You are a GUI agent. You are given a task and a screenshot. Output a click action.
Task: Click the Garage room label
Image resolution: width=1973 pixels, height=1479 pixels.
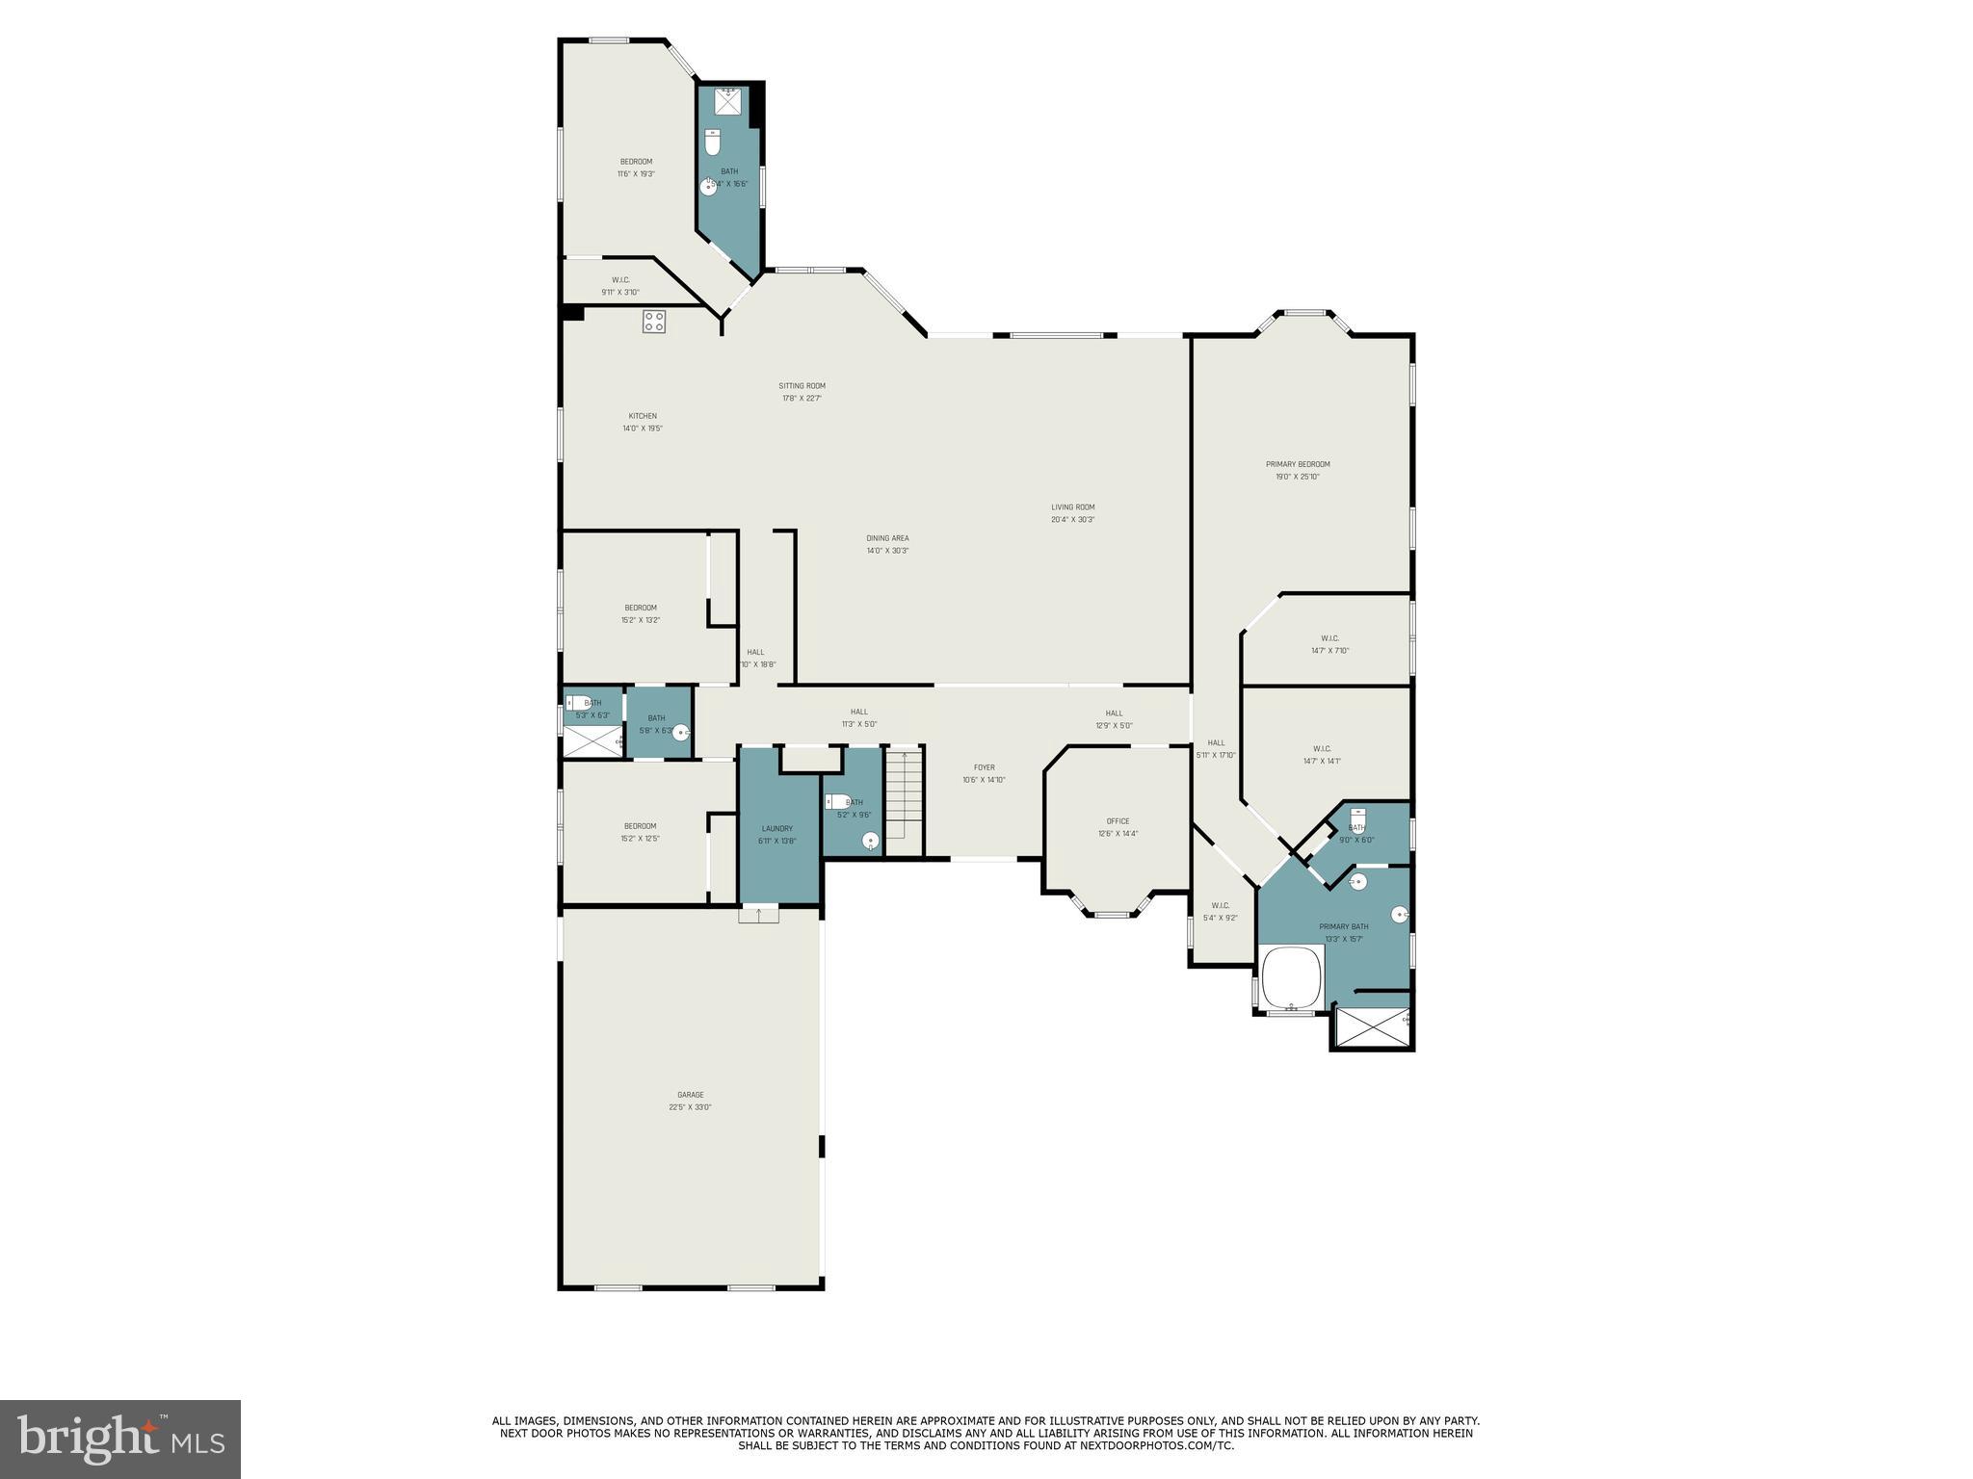[x=690, y=1101]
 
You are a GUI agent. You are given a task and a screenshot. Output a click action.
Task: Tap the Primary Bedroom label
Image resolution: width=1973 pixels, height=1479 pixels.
[x=1298, y=470]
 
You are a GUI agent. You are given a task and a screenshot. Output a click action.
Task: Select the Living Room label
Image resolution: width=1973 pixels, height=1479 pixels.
[x=1072, y=513]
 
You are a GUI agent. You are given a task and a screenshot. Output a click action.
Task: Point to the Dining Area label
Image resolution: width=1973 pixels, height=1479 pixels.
[x=887, y=544]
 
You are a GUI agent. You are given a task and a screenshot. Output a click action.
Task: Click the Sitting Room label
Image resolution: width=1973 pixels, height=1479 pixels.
[x=802, y=392]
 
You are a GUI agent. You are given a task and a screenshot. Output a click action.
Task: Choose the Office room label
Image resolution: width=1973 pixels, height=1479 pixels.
[x=1118, y=827]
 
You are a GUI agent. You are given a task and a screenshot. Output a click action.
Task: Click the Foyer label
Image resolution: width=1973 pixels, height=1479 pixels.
[x=984, y=773]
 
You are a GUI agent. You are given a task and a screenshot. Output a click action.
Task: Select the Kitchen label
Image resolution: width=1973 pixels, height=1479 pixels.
[x=643, y=422]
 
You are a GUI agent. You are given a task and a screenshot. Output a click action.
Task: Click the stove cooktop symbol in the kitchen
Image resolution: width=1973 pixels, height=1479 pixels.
[x=654, y=322]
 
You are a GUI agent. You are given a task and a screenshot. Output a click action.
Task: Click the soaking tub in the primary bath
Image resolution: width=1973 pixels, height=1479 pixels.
[x=1291, y=977]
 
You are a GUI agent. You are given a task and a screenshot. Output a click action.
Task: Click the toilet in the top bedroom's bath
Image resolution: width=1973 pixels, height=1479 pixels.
[x=713, y=143]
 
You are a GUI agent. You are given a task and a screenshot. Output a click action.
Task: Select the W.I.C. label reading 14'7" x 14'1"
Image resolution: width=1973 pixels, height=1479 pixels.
[x=1322, y=755]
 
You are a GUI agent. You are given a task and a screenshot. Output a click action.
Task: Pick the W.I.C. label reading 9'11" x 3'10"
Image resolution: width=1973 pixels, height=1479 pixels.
[x=620, y=286]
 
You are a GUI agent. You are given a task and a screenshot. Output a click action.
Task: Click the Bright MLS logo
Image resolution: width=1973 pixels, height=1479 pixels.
[x=120, y=1439]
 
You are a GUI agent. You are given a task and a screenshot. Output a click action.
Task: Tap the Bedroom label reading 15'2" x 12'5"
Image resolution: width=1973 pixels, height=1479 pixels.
[x=641, y=832]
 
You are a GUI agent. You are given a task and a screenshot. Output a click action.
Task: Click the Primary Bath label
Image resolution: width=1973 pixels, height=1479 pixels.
[x=1343, y=932]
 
